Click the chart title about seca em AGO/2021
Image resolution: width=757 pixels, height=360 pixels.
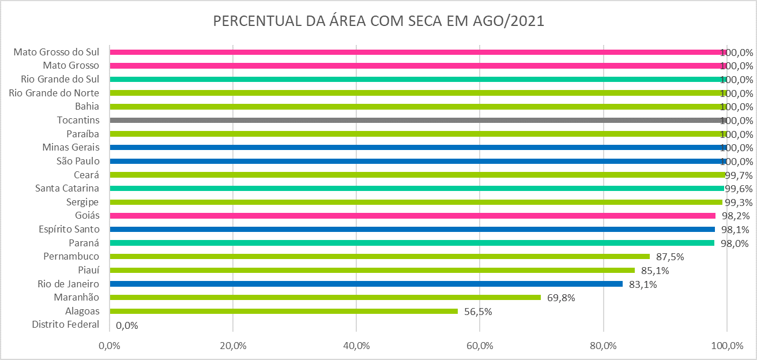[x=379, y=21]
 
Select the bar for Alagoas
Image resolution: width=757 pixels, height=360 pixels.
[x=284, y=311]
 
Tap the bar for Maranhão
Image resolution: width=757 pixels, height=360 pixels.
[x=325, y=297]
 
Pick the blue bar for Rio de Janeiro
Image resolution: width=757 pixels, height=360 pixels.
[x=366, y=284]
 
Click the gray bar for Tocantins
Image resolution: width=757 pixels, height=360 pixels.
[x=418, y=121]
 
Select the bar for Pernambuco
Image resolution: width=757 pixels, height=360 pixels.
[x=379, y=257]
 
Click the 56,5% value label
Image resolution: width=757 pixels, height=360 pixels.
[x=478, y=312]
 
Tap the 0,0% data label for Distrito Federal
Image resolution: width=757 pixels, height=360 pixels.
[x=127, y=325]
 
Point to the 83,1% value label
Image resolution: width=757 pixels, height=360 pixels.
[x=643, y=284]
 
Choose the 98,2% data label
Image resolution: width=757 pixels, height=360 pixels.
[x=735, y=216]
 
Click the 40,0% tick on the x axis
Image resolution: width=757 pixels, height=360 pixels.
[x=356, y=346]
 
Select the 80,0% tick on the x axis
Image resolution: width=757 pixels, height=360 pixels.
[x=603, y=346]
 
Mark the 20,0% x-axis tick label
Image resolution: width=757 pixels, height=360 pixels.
[x=233, y=346]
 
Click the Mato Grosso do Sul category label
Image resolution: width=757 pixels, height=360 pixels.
[x=57, y=52]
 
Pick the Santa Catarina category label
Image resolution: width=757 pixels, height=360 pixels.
[x=67, y=188]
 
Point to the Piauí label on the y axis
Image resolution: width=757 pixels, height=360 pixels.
[x=88, y=270]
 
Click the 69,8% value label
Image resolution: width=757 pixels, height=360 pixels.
[x=561, y=298]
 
